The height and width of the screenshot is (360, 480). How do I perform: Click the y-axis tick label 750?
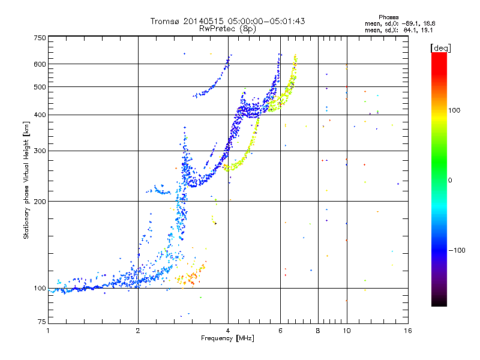click(40, 38)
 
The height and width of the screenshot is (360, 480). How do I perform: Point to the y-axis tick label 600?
click(40, 64)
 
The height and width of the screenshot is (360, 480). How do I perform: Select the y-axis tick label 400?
click(40, 115)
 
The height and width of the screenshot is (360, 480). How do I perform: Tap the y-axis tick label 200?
click(40, 201)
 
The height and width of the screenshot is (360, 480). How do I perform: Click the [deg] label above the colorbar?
click(441, 47)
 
